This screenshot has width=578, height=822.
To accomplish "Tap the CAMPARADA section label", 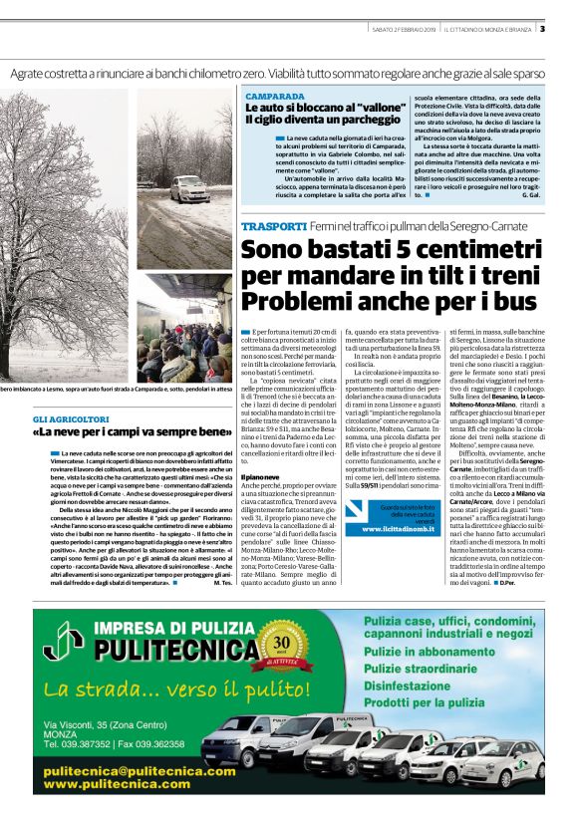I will coord(275,97).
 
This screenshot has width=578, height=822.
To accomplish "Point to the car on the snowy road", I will coord(187,188).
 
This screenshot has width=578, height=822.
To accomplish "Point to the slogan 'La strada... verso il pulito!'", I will coord(166,689).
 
